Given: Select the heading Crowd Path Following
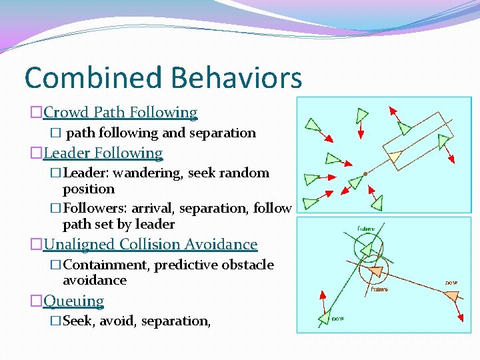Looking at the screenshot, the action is pyautogui.click(x=121, y=113).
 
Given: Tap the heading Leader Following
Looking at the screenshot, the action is pyautogui.click(x=103, y=153).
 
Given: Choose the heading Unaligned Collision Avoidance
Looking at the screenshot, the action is pyautogui.click(x=151, y=245).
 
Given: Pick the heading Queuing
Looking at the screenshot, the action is pyautogui.click(x=74, y=301).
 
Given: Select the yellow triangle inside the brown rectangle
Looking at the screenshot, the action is pyautogui.click(x=395, y=157).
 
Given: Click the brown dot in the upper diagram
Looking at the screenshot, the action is pyautogui.click(x=365, y=175).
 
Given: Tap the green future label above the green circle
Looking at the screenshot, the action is pyautogui.click(x=366, y=229).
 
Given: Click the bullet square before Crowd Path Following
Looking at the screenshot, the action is pyautogui.click(x=37, y=113).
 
